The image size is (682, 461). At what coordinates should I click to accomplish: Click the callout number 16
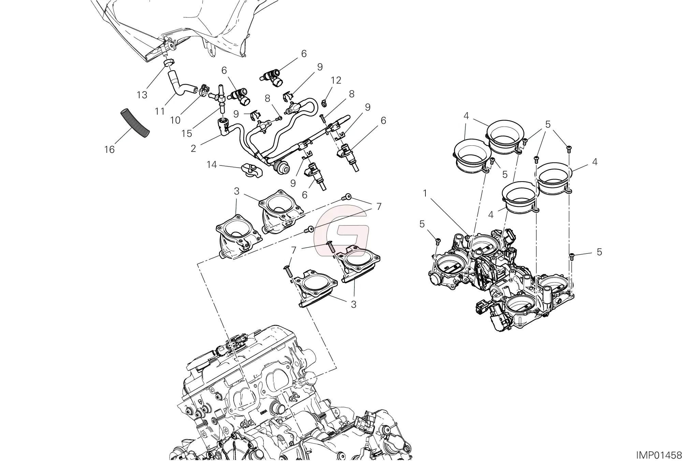click(x=109, y=149)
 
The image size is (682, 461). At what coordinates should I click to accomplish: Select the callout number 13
click(x=142, y=95)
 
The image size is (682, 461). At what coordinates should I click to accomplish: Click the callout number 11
click(x=160, y=111)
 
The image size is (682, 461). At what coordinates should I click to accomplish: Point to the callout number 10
click(x=175, y=120)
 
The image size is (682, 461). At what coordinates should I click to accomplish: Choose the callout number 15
click(x=187, y=133)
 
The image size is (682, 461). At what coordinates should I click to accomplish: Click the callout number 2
click(x=193, y=148)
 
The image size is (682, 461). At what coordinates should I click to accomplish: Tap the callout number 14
click(x=212, y=165)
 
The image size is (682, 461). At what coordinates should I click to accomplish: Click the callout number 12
click(x=336, y=81)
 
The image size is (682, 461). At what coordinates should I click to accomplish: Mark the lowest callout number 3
click(x=353, y=304)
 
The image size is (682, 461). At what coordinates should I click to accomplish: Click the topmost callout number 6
click(x=304, y=54)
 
